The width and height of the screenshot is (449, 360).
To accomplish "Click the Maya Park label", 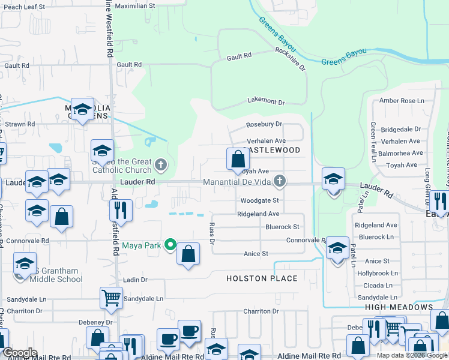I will pos(143,245).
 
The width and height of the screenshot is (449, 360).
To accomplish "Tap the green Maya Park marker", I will pos(170,245).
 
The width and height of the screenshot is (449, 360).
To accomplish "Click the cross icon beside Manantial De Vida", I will pos(279,181).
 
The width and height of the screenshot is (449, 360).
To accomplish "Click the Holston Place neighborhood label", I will pos(262,278).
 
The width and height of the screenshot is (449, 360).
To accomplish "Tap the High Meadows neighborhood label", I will pos(399,307).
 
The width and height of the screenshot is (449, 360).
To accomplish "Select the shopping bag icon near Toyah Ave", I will pos(238,160).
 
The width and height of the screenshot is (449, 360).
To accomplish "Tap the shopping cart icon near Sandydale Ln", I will pos(112,297).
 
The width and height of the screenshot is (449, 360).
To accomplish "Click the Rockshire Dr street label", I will pos(291,60).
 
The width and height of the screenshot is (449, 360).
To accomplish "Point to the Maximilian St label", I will pos(135,5).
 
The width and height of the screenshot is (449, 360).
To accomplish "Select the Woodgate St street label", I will pos(259,200).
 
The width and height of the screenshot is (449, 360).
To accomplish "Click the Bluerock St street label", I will pos(282,227).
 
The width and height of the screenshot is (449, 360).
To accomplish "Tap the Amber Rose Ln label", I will pos(399,100).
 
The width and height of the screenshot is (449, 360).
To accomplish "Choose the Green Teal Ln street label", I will pos(373,137).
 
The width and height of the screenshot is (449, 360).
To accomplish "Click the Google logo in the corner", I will pos(20,353).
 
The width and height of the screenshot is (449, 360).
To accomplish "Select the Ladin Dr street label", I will pos(135,280).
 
